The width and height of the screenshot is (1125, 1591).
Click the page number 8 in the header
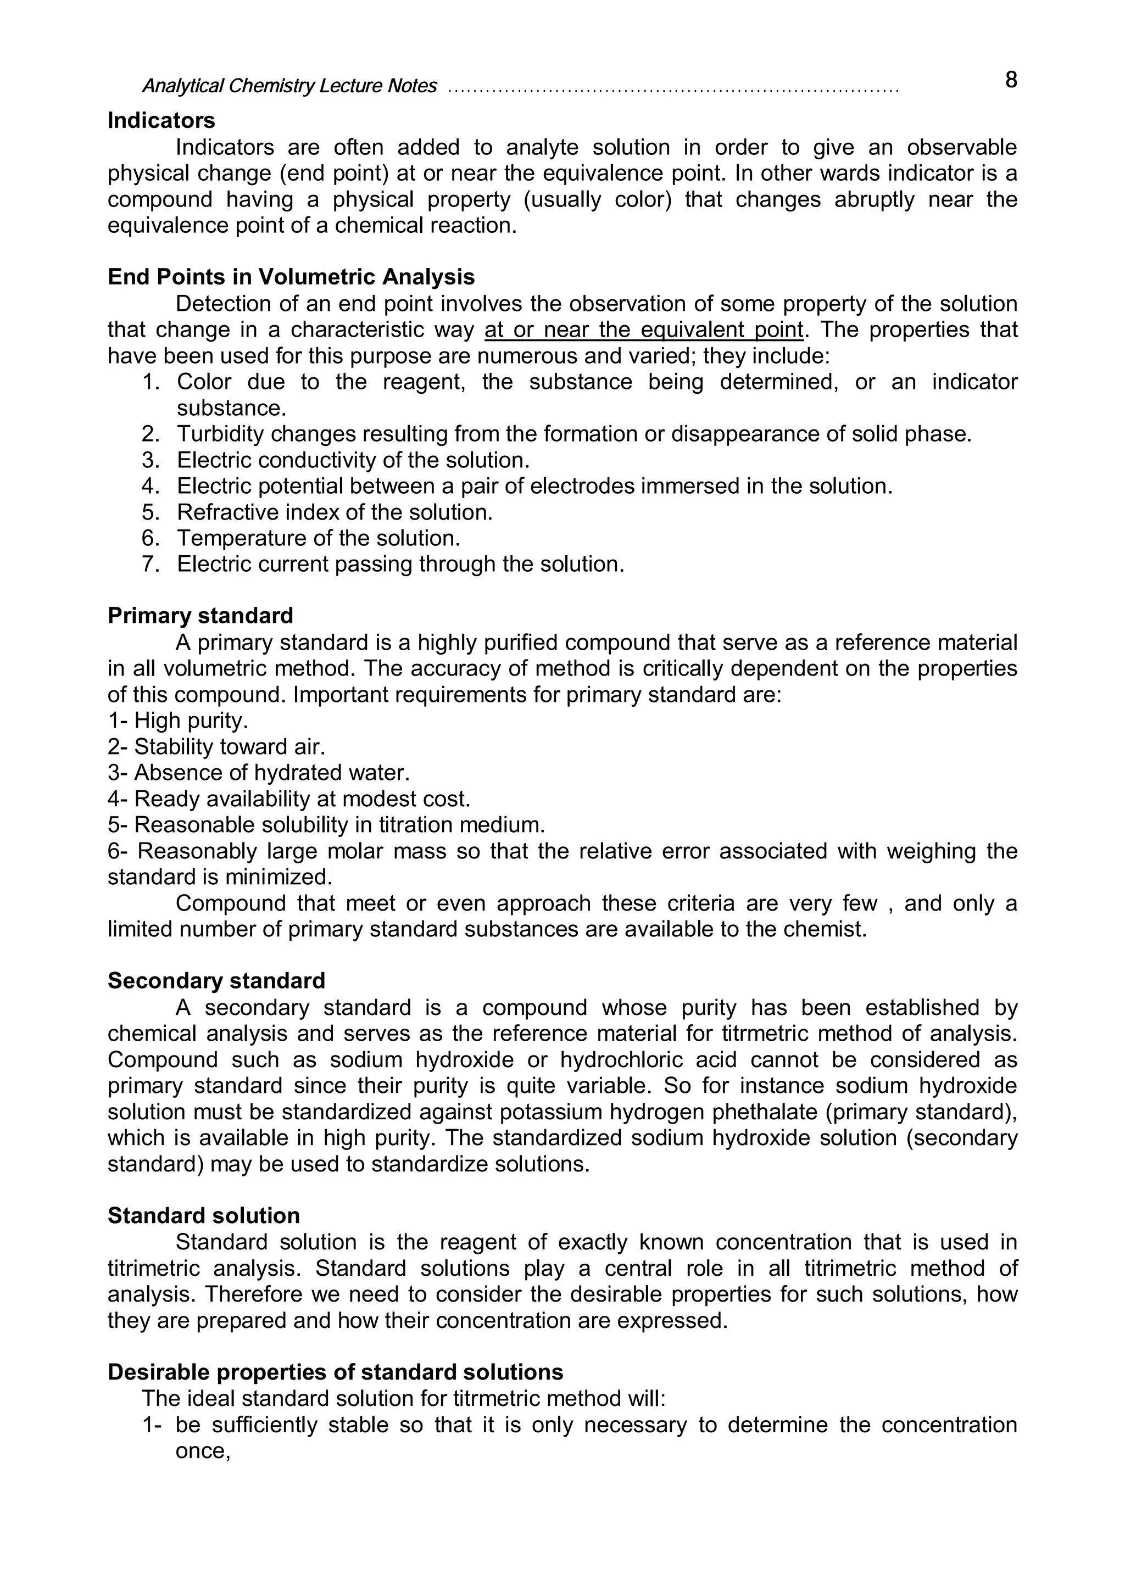(x=1011, y=80)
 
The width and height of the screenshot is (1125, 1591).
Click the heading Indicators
(x=161, y=121)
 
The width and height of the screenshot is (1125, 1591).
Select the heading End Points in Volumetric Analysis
(x=291, y=277)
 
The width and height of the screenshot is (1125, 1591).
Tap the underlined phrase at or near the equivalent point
(x=643, y=330)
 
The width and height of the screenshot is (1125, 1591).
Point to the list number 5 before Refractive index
(x=151, y=513)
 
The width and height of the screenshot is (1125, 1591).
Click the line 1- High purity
(x=177, y=721)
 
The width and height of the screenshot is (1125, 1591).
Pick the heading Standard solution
(x=203, y=1216)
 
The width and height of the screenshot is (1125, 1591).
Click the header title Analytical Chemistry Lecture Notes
(x=289, y=86)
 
